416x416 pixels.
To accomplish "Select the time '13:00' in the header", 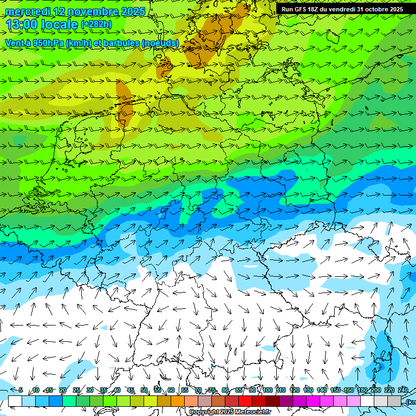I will (x=22, y=24).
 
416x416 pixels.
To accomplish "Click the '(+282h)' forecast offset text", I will (x=96, y=24).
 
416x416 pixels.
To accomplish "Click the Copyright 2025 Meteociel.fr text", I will (x=230, y=412).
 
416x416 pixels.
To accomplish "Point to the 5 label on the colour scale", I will (x=21, y=390).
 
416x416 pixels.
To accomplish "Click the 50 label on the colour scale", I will (x=144, y=390).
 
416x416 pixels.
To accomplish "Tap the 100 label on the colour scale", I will (x=267, y=390).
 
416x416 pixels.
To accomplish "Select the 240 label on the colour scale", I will (x=403, y=390).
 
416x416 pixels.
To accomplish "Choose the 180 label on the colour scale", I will (x=362, y=390).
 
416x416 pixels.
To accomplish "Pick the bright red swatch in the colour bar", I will (x=245, y=401).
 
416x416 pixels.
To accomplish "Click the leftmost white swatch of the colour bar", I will (x=15, y=401).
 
